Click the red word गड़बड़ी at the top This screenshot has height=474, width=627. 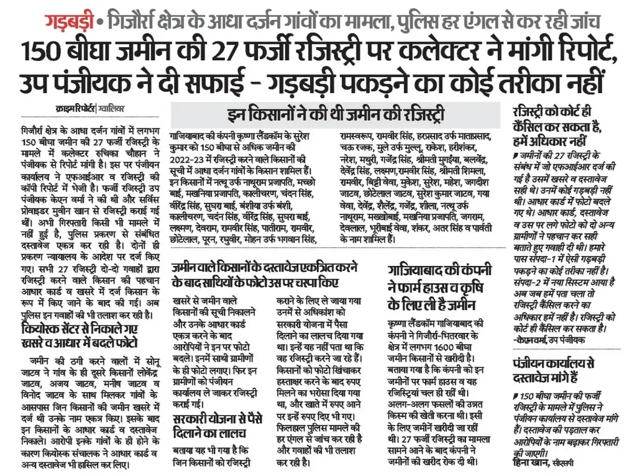pyautogui.click(x=69, y=23)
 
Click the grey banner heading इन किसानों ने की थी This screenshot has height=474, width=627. pyautogui.click(x=336, y=114)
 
